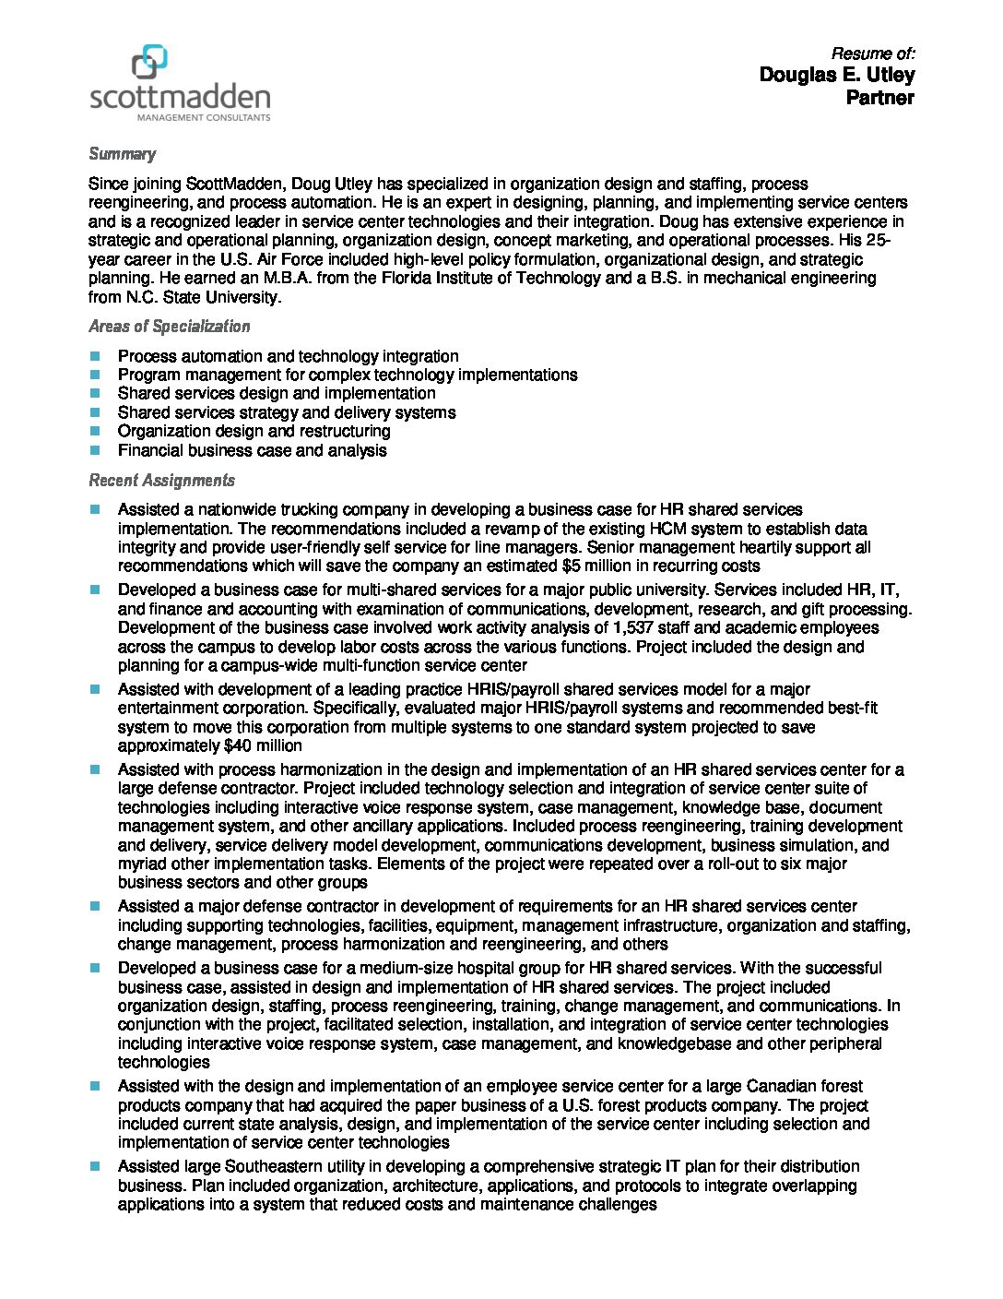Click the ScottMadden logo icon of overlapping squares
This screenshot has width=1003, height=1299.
tap(149, 62)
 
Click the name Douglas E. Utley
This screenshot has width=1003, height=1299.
tap(836, 75)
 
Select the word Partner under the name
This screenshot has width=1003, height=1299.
tap(879, 98)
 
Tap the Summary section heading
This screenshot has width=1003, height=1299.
tap(122, 154)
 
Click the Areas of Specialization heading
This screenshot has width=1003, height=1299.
tap(169, 327)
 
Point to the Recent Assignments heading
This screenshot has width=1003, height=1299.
tap(161, 481)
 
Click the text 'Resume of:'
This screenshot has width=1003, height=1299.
tap(872, 54)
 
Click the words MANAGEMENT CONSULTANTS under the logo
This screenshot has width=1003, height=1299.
tap(203, 118)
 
